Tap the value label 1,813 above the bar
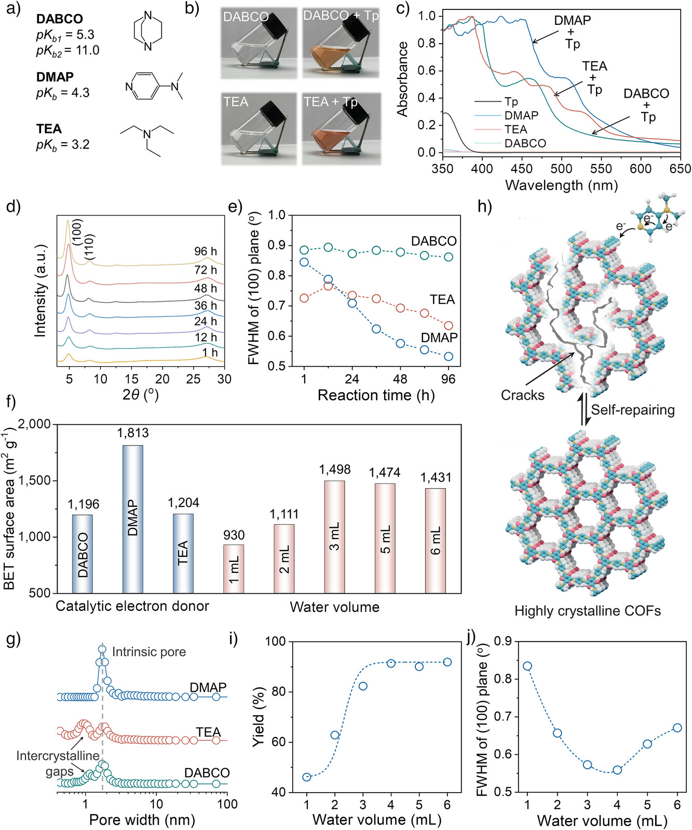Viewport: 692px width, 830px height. pyautogui.click(x=133, y=433)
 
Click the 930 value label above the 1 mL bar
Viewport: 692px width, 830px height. pyautogui.click(x=234, y=535)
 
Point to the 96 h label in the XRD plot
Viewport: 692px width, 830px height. pyautogui.click(x=206, y=251)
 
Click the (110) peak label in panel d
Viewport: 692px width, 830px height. pyautogui.click(x=89, y=247)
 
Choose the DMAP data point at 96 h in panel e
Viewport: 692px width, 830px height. pyautogui.click(x=449, y=356)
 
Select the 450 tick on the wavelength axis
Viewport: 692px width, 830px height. pyautogui.click(x=522, y=169)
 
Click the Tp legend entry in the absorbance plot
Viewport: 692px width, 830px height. pyautogui.click(x=511, y=102)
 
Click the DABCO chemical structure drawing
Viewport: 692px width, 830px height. pyautogui.click(x=147, y=32)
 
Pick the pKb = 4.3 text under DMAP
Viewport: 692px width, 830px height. pyautogui.click(x=63, y=93)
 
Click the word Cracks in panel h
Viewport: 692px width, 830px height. pyautogui.click(x=522, y=395)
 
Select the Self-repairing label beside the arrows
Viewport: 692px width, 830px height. pyautogui.click(x=633, y=410)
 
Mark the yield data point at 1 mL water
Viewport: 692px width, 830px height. pyautogui.click(x=307, y=777)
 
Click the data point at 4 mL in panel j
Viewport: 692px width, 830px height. pyautogui.click(x=617, y=770)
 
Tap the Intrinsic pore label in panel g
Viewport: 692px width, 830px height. pyautogui.click(x=148, y=652)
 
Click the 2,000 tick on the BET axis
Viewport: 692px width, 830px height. pyautogui.click(x=35, y=424)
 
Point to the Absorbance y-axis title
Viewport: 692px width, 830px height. pyautogui.click(x=402, y=79)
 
